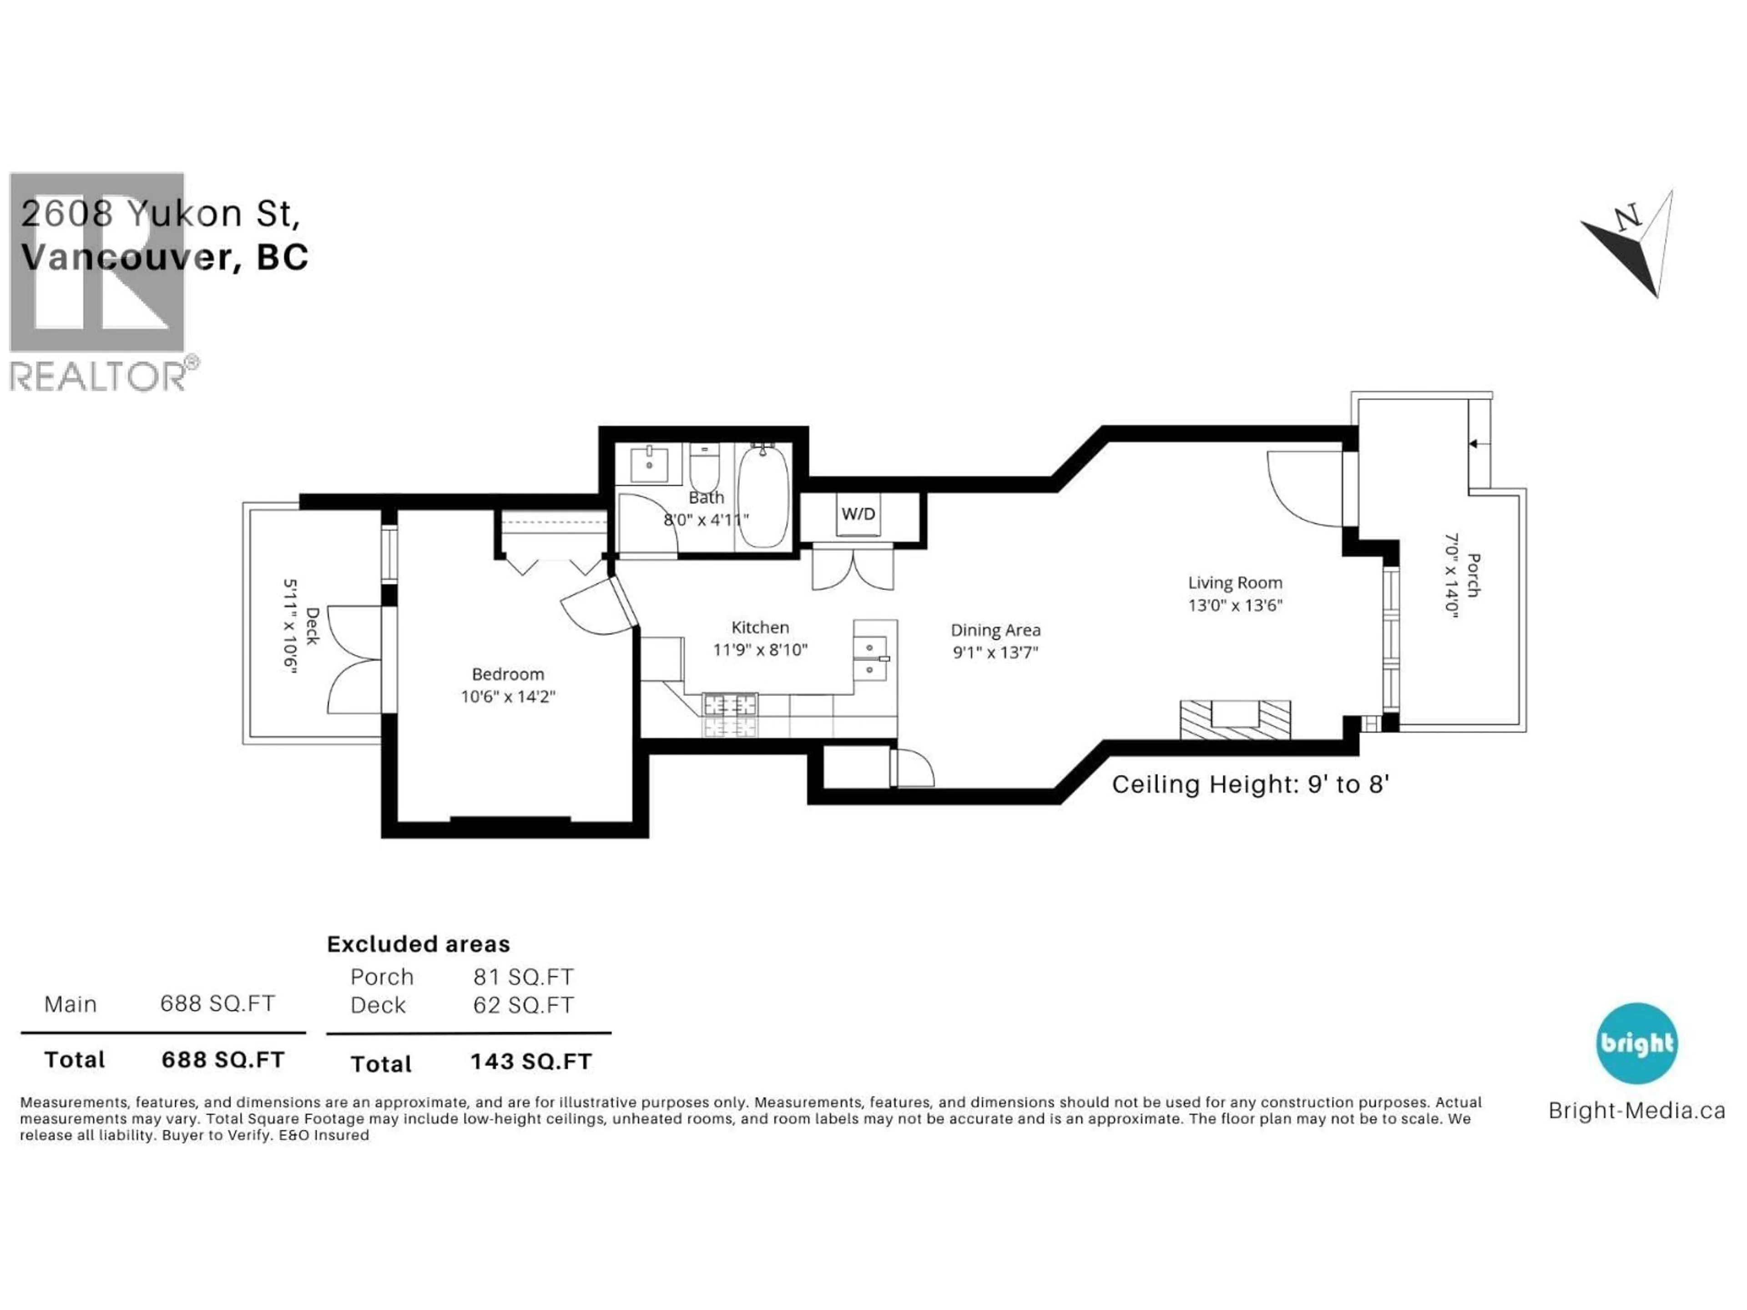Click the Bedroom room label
(508, 674)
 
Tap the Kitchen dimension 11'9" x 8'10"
(760, 650)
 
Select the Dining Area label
(995, 630)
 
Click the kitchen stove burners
(730, 715)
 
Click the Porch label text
(1473, 575)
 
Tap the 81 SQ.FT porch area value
(523, 977)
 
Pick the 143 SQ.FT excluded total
(531, 1061)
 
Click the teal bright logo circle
(1636, 1043)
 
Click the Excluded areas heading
(419, 944)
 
